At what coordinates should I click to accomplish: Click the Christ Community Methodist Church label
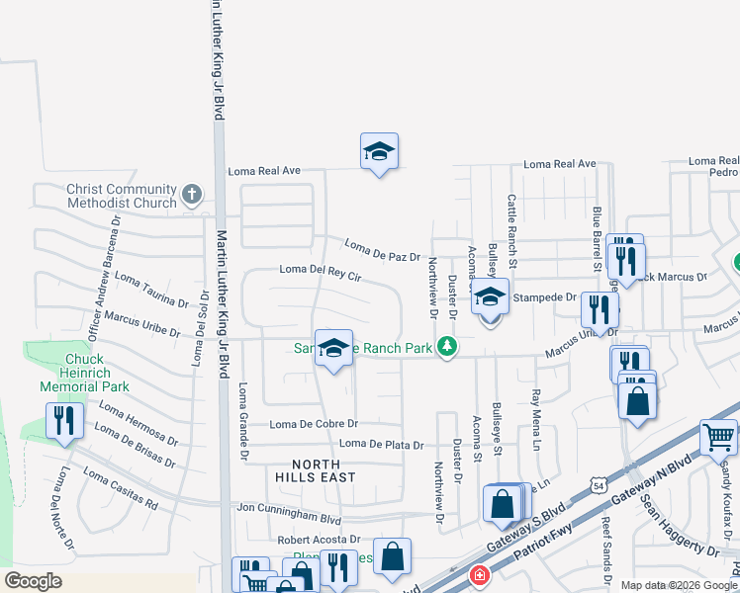pos(121,196)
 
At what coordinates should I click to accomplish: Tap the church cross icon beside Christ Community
pos(192,194)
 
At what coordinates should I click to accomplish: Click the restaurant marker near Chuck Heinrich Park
pos(61,421)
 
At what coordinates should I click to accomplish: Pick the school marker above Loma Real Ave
pos(378,152)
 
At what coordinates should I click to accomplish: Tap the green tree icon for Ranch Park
pos(447,346)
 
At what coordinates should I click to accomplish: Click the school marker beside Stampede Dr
pos(490,297)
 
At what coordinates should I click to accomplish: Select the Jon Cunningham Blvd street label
pos(290,509)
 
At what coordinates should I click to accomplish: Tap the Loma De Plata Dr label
pos(381,445)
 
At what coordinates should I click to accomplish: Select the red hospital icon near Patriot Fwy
pos(479,575)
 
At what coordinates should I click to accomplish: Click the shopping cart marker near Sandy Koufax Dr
pos(718,437)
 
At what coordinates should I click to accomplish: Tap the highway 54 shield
pos(598,485)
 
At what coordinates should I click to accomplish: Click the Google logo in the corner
pos(33,581)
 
